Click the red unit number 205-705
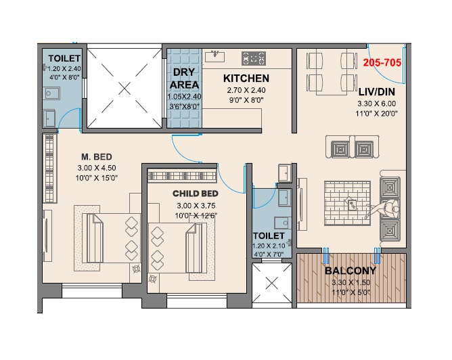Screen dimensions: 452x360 382,62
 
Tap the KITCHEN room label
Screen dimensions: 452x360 246,78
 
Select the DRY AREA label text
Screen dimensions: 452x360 184,78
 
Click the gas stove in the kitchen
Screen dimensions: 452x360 254,58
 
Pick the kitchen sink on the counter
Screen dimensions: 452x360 215,56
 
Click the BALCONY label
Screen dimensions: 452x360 351,271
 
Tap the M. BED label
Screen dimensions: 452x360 97,157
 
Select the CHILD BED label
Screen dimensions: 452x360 195,194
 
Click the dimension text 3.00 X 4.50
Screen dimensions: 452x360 97,168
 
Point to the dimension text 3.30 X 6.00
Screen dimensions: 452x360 376,104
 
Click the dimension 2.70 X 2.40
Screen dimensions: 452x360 246,90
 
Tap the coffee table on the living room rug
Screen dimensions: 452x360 352,205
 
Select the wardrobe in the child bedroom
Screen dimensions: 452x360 182,175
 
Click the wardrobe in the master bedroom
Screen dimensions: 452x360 49,168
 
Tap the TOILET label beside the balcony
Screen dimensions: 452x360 269,235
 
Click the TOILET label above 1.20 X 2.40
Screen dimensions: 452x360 64,58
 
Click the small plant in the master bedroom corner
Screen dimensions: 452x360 137,269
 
